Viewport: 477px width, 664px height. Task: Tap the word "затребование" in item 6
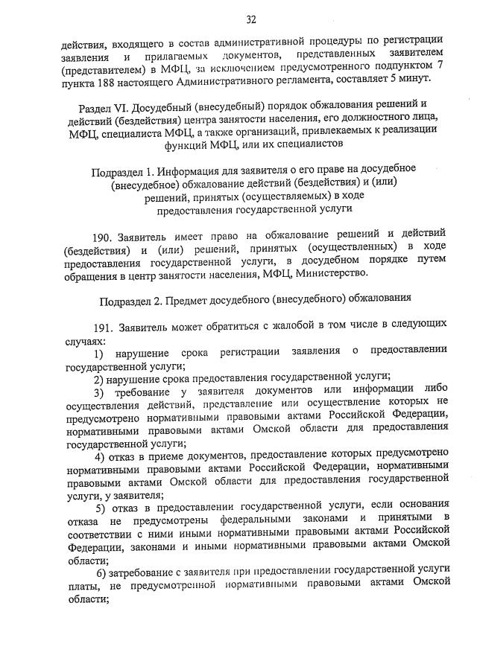pos(145,572)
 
